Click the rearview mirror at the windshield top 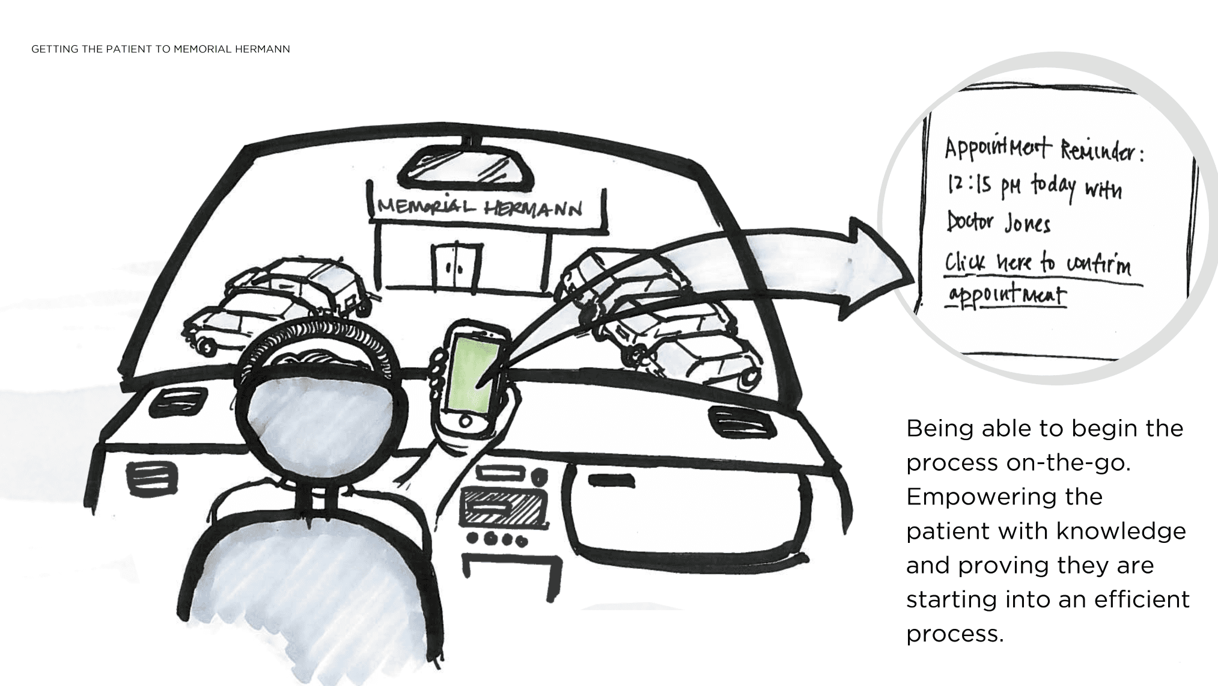click(x=466, y=164)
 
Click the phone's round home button click(x=464, y=421)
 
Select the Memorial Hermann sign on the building click(x=480, y=208)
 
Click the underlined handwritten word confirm click(x=1098, y=265)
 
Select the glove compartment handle click(x=611, y=480)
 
